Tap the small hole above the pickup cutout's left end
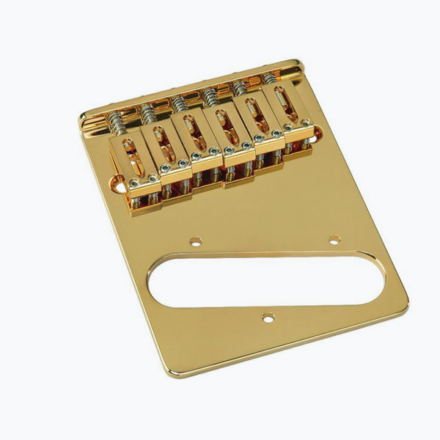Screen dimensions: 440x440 click(195, 241)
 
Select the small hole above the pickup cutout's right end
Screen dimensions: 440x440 click(334, 240)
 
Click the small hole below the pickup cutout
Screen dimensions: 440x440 click(268, 318)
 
